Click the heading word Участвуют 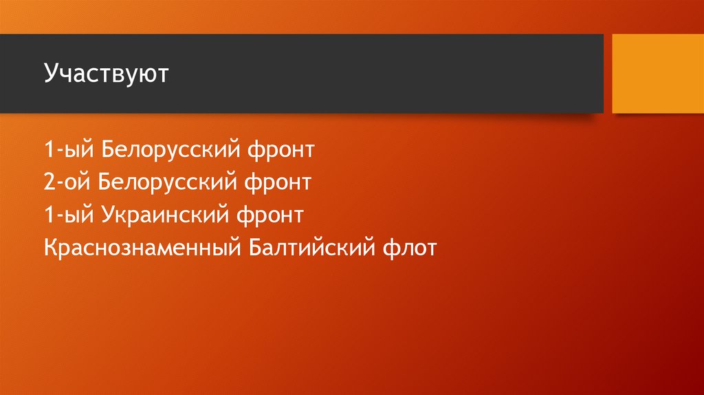click(106, 74)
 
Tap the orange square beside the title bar click(657, 74)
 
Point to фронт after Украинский click(272, 216)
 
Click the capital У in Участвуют click(50, 74)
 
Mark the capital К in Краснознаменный click(49, 248)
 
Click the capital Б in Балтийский click(245, 248)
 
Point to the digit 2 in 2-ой click(48, 182)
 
